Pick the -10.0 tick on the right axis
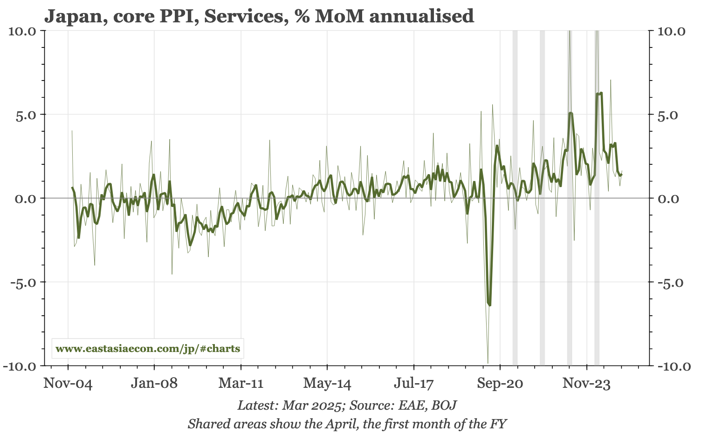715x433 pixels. [673, 366]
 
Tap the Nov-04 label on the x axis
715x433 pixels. [68, 384]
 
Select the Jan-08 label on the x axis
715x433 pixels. [154, 384]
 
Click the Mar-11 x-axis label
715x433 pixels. [241, 384]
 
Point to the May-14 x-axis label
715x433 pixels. [327, 384]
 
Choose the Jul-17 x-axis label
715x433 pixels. [413, 384]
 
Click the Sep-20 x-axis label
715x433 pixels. [500, 384]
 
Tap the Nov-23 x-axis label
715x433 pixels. [586, 384]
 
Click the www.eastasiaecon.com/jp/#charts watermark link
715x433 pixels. [148, 349]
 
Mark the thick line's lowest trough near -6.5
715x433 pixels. [489, 305]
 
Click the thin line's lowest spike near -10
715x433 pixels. [488, 363]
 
